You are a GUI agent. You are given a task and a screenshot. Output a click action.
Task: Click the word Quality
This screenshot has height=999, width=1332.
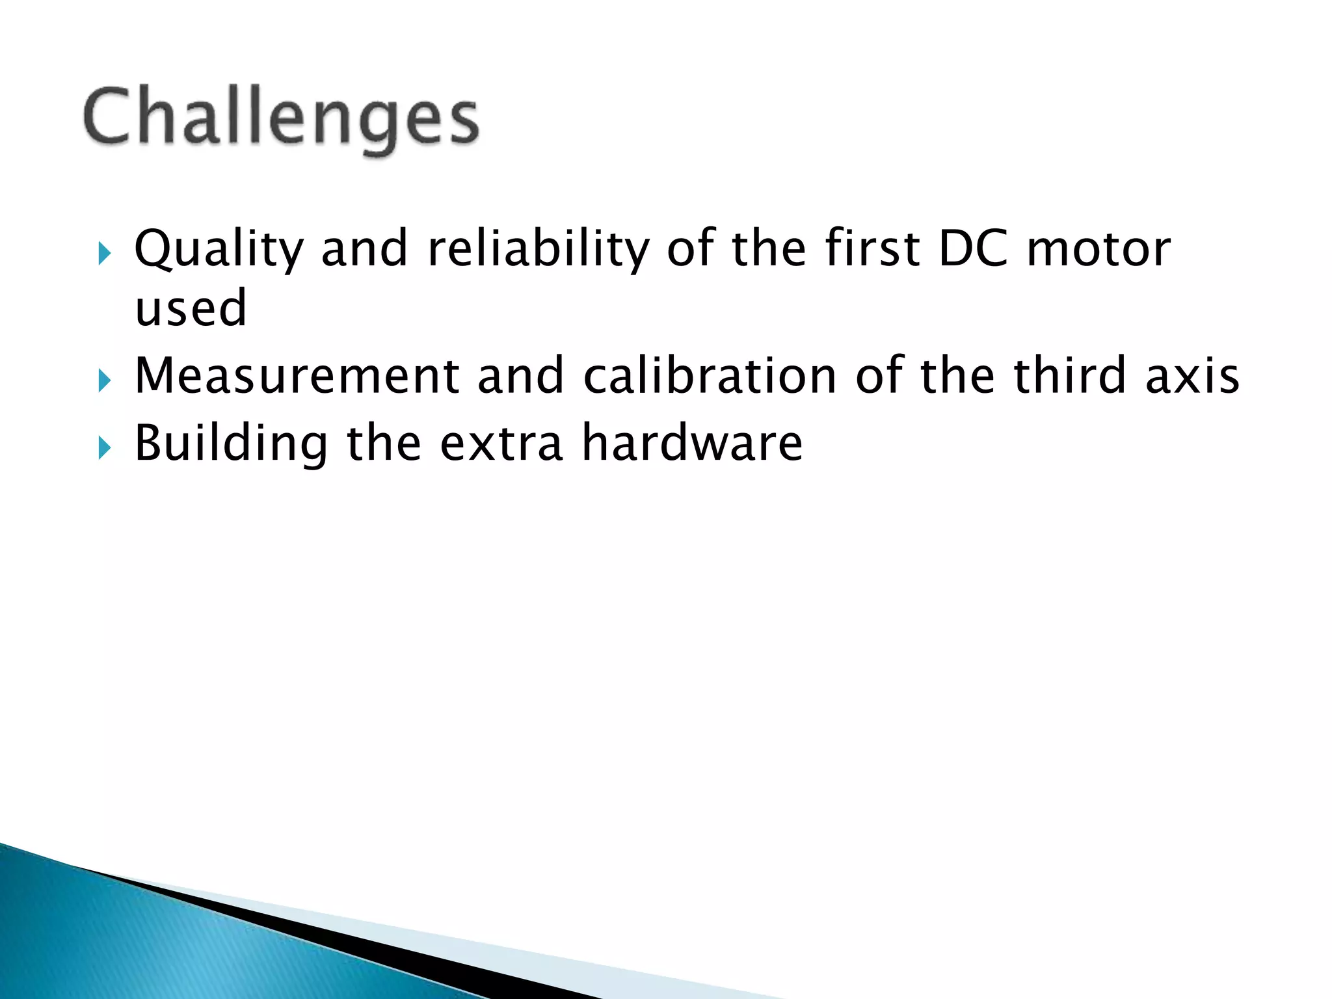(x=219, y=250)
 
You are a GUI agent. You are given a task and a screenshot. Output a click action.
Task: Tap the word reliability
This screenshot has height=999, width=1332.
(x=539, y=250)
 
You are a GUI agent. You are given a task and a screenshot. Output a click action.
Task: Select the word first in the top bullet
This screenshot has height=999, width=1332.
(x=873, y=248)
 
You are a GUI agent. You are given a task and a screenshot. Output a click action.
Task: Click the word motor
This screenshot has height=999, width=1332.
(x=1099, y=250)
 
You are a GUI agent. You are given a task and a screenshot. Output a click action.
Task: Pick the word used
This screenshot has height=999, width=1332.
(x=191, y=308)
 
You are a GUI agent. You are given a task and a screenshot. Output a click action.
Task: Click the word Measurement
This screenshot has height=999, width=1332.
(x=297, y=376)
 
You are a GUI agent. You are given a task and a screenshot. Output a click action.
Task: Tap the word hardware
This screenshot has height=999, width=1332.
(x=692, y=444)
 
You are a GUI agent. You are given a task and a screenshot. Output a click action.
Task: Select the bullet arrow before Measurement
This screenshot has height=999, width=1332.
(x=105, y=380)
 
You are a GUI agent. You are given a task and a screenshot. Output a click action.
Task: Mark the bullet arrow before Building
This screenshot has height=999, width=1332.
(x=105, y=447)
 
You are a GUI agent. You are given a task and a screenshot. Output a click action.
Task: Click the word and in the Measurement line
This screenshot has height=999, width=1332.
(x=520, y=376)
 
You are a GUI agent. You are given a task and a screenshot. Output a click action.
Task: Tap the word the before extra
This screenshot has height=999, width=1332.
(x=384, y=444)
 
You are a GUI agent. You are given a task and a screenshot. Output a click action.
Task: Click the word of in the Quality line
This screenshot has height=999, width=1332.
(x=690, y=248)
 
